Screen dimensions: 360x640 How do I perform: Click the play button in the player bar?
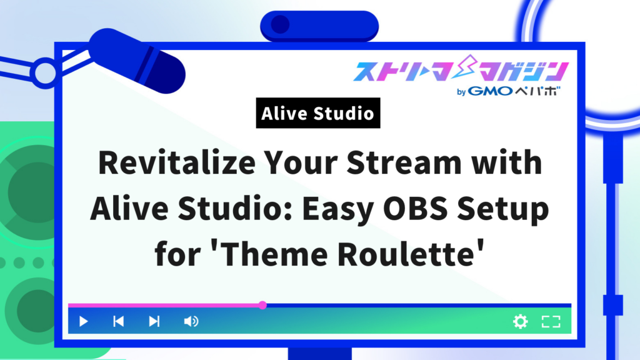coord(84,322)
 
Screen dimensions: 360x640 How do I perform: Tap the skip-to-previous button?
coord(118,322)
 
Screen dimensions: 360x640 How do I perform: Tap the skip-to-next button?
coord(154,322)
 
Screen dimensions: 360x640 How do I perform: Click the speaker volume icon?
coord(191,322)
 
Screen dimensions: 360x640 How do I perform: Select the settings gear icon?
coord(520,322)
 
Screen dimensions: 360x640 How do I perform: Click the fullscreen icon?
coord(551,322)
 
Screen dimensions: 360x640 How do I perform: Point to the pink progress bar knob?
coord(262,306)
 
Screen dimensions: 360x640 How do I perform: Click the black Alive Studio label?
coord(318,114)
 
